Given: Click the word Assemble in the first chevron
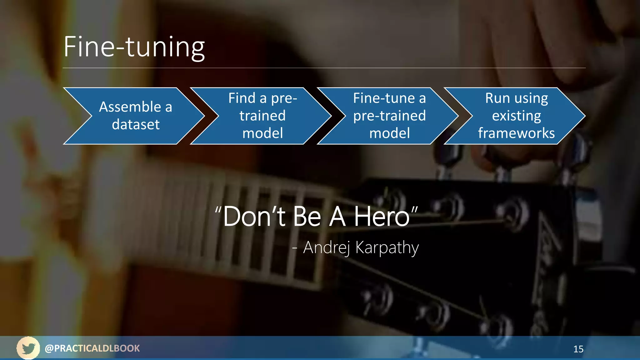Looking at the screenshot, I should pos(130,107).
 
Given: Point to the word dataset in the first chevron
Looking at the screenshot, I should pos(136,124).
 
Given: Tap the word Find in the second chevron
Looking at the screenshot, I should pos(242,98).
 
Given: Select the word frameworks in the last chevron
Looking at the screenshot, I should pos(516,133).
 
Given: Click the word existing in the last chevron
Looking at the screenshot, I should pos(516,116).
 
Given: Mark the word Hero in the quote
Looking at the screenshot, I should pos(382,217).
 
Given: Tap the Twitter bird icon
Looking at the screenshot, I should pos(28,348).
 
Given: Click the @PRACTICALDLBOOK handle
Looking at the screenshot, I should pos(92,348).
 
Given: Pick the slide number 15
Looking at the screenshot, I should pos(578,349).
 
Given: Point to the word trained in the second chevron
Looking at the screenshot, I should pos(262,116).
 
